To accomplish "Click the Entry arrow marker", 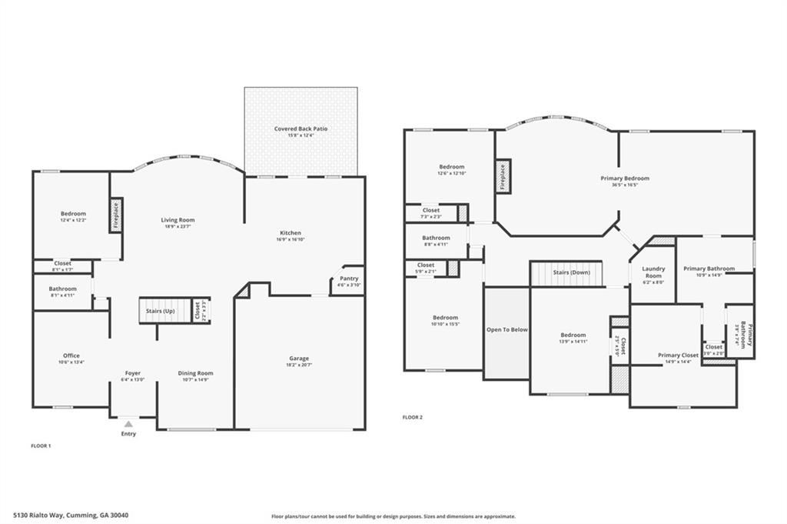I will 128,424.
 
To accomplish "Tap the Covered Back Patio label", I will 301,128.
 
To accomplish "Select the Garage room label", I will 299,359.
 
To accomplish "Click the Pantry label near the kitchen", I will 348,279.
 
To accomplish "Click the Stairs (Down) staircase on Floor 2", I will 569,272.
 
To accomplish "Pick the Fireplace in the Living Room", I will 117,215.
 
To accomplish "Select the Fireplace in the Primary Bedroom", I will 502,176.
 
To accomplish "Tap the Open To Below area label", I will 506,329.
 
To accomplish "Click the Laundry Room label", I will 653,272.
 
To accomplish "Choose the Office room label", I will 71,355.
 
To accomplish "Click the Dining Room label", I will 195,373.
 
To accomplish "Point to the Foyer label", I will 132,373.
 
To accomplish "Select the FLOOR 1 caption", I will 40,446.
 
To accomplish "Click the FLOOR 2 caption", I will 413,417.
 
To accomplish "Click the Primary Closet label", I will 678,355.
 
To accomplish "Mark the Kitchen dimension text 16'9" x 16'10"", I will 290,239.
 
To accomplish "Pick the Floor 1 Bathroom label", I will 62,289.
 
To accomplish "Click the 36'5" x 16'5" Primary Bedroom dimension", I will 625,185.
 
